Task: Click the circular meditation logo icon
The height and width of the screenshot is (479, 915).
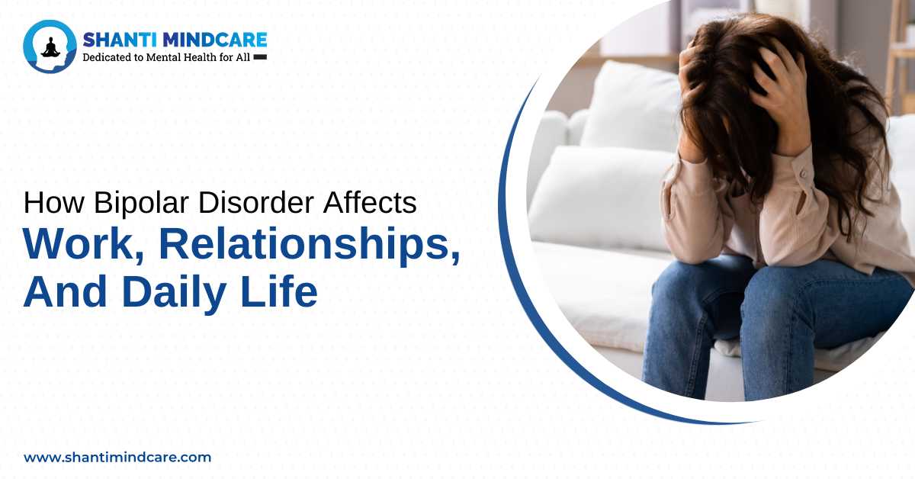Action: click(x=50, y=47)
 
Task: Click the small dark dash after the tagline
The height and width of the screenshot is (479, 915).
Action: click(x=260, y=57)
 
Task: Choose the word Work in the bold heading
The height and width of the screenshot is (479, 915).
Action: click(x=82, y=244)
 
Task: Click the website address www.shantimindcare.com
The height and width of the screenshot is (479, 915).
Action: click(x=117, y=458)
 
